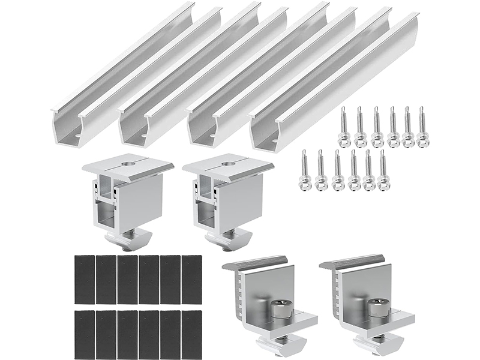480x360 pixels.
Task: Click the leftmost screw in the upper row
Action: click(344, 128)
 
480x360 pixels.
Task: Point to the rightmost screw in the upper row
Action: click(423, 128)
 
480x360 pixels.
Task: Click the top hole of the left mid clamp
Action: click(128, 162)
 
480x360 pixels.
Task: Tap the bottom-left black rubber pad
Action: click(85, 335)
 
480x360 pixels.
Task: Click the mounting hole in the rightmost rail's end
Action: click(273, 142)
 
